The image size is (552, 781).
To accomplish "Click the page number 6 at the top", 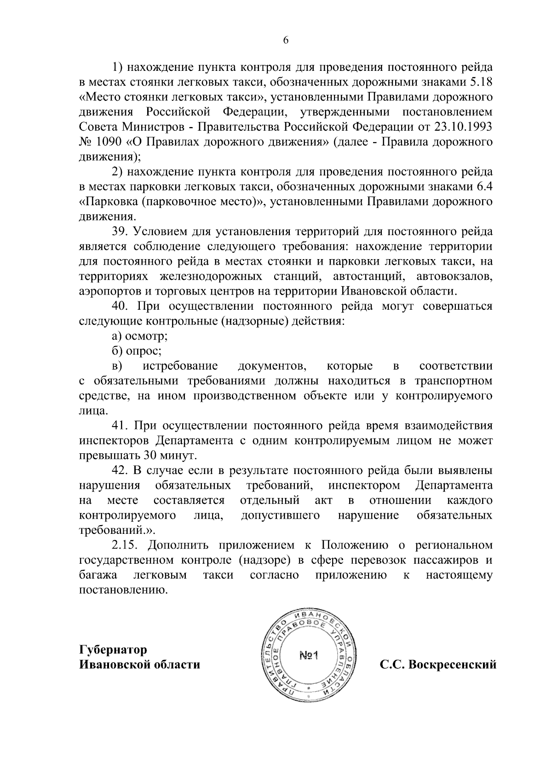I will click(286, 40).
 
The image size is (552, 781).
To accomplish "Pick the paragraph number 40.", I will click(120, 306).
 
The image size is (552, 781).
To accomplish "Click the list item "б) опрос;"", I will click(137, 351).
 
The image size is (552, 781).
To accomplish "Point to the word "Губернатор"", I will click(113, 650).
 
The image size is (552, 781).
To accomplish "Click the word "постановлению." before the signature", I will click(123, 590).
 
